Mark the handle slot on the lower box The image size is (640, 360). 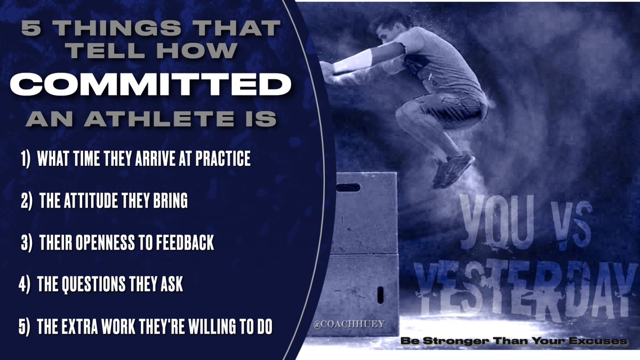[x=380, y=294]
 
